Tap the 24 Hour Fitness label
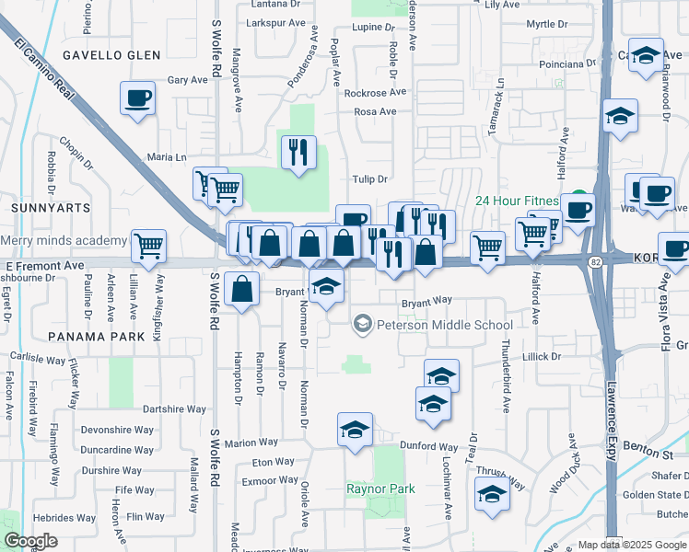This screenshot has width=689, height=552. [518, 201]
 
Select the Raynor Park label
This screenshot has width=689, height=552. [380, 489]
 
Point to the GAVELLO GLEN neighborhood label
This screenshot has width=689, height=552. [111, 55]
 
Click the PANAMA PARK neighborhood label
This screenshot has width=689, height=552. [97, 337]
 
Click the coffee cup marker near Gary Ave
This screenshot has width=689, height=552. [138, 98]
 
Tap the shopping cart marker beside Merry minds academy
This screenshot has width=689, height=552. [148, 246]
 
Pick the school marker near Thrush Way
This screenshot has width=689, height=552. [493, 494]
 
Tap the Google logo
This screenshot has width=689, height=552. [31, 541]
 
